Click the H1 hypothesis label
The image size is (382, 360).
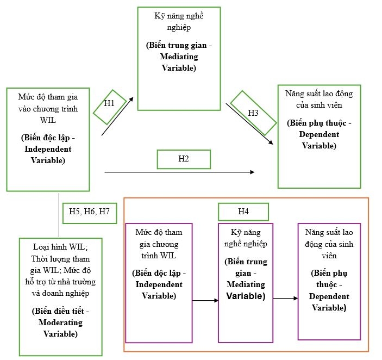(x=110, y=103)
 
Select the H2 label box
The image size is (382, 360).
(x=183, y=159)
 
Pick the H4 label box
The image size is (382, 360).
(x=243, y=212)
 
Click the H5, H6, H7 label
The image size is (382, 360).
(x=89, y=211)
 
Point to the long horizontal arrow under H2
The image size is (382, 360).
(x=179, y=172)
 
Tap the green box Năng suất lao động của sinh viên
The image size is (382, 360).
(x=319, y=136)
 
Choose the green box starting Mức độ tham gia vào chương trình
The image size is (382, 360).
(x=48, y=139)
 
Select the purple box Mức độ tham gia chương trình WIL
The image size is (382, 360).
(x=159, y=282)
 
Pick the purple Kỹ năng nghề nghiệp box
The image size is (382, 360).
(x=245, y=282)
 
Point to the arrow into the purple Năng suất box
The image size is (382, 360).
(x=285, y=298)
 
